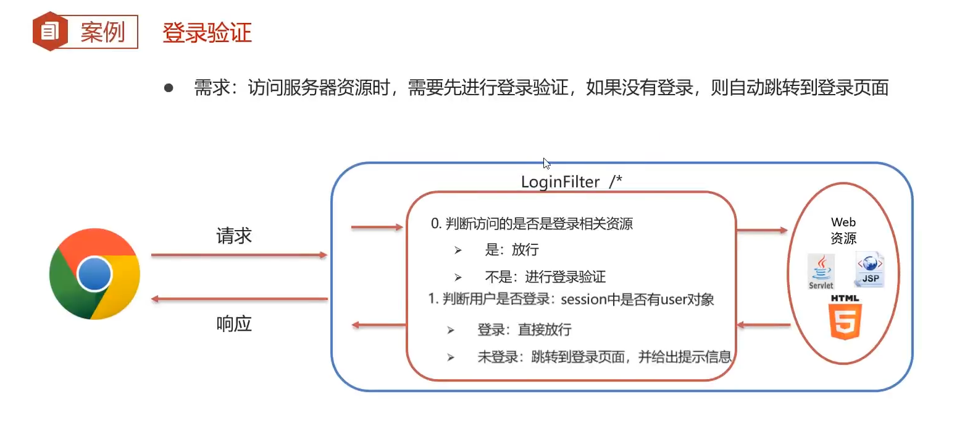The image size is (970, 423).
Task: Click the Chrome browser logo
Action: tap(94, 274)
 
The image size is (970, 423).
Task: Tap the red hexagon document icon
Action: tap(50, 31)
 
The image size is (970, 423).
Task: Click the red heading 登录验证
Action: tap(207, 33)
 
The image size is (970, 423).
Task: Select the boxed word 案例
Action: tap(102, 32)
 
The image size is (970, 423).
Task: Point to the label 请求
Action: tap(234, 236)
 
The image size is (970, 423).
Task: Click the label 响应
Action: tap(234, 323)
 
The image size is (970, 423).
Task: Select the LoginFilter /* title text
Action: tap(571, 182)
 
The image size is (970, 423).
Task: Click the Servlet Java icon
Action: tap(821, 271)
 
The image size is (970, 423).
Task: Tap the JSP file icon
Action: tap(870, 269)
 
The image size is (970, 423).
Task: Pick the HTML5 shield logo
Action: tap(845, 318)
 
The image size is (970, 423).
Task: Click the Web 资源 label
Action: tap(843, 230)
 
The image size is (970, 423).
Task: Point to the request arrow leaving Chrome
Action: tap(239, 255)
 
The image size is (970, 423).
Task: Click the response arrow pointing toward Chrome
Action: tap(239, 299)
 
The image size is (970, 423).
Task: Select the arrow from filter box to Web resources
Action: tap(762, 231)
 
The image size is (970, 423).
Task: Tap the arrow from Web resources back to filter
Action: tap(764, 325)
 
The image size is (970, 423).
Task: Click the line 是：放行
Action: tap(512, 250)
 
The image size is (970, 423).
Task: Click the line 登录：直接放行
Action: tap(524, 330)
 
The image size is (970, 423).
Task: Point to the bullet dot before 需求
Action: tap(169, 88)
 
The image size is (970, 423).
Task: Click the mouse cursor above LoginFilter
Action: tap(546, 163)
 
